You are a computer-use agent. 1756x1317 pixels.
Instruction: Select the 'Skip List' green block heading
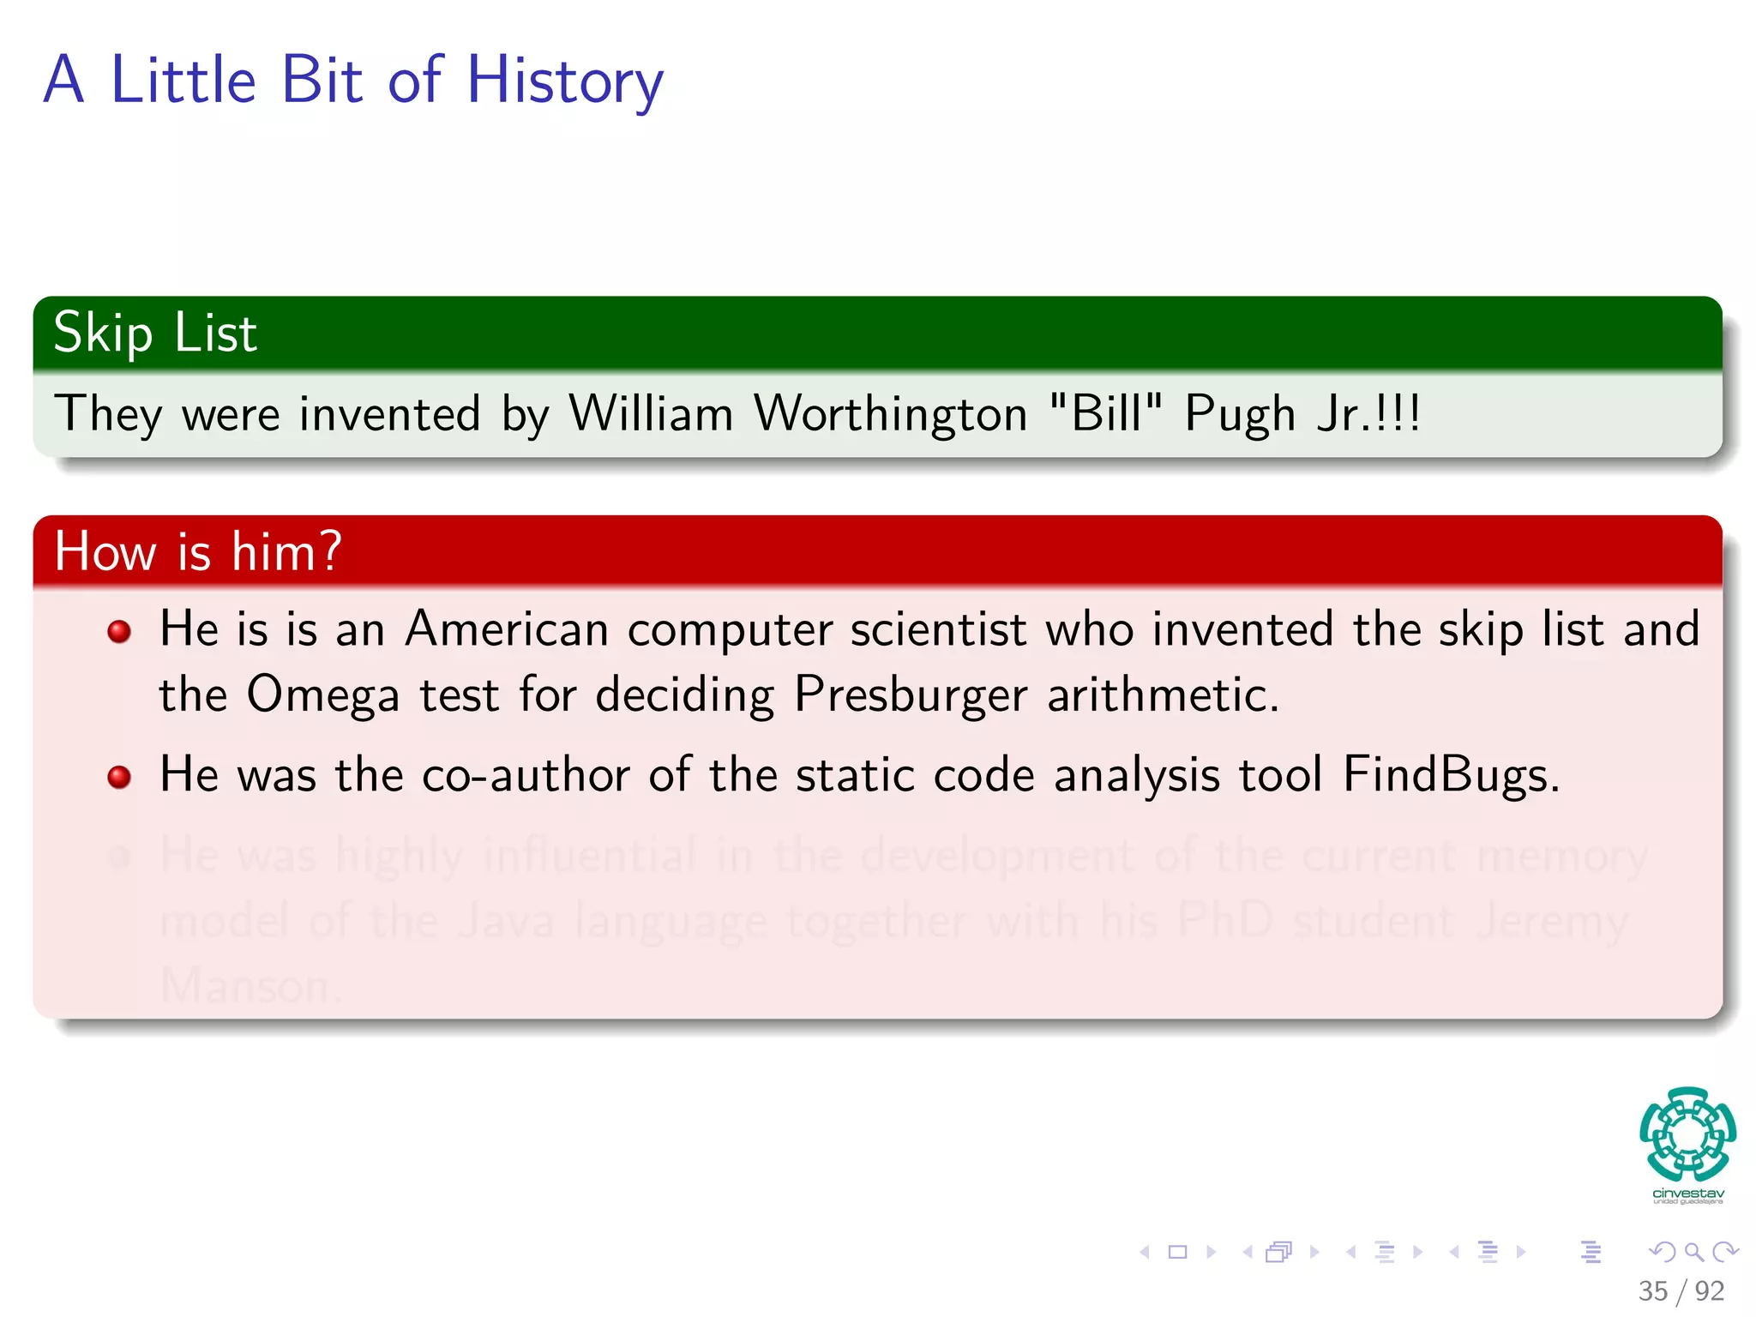point(155,334)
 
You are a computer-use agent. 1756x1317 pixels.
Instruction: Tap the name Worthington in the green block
point(890,414)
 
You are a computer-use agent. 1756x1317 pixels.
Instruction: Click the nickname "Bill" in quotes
point(1105,412)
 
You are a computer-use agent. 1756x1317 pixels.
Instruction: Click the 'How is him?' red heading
point(198,551)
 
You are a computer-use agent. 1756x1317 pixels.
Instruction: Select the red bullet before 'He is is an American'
point(119,632)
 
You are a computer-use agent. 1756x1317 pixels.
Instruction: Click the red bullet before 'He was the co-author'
point(119,778)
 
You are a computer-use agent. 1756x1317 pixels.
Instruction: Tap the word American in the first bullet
point(507,629)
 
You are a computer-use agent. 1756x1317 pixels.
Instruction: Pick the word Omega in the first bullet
point(323,695)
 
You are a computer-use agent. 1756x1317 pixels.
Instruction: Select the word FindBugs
point(1450,775)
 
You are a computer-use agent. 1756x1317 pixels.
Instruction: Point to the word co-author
point(526,775)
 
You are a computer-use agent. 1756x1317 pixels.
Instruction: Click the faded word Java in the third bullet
point(506,922)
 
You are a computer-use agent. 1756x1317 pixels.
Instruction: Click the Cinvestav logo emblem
point(1687,1134)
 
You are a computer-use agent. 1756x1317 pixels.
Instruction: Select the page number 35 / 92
point(1681,1290)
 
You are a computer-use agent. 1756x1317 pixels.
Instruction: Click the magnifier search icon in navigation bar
point(1693,1252)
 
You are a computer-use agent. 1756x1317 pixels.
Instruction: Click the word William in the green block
point(651,414)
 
